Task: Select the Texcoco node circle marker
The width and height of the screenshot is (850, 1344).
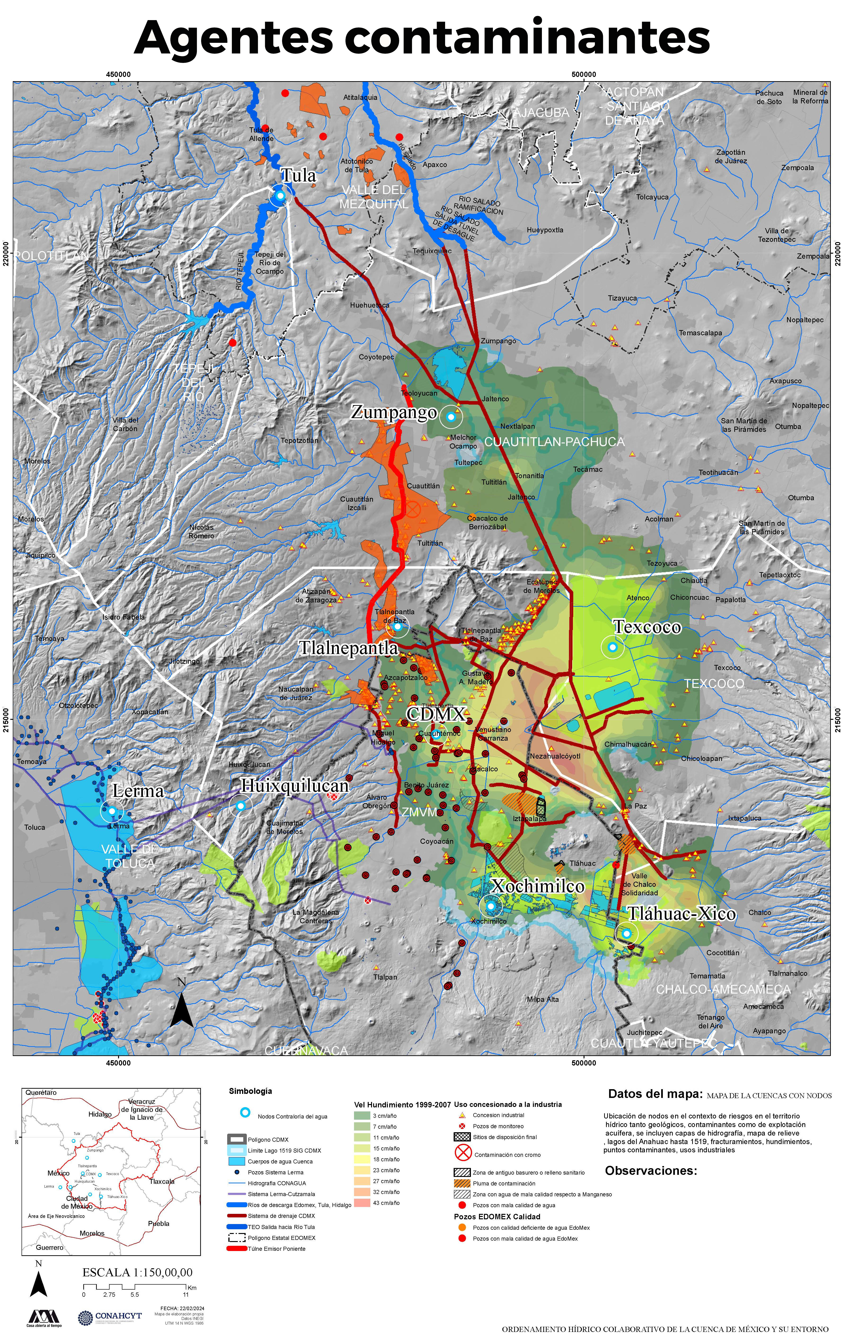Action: [612, 647]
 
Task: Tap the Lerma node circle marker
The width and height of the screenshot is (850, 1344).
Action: [112, 810]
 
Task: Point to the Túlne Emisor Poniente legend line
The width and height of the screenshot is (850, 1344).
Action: [237, 1249]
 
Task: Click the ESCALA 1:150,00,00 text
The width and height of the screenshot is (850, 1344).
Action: [137, 1273]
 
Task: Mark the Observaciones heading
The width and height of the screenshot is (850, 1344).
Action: [651, 1170]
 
